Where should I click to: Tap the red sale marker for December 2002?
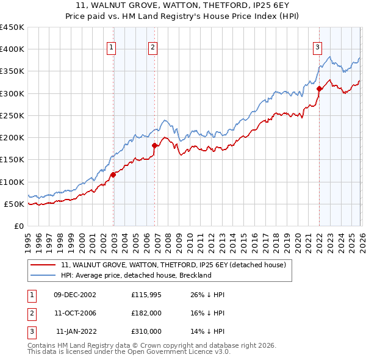pos(113,175)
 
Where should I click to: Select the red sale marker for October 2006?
pos(155,146)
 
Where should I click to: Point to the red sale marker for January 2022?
pos(319,89)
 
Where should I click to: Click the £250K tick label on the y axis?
pos(12,115)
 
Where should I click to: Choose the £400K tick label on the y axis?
pos(12,49)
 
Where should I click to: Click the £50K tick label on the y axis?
pos(15,204)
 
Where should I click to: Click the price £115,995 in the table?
pos(146,295)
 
